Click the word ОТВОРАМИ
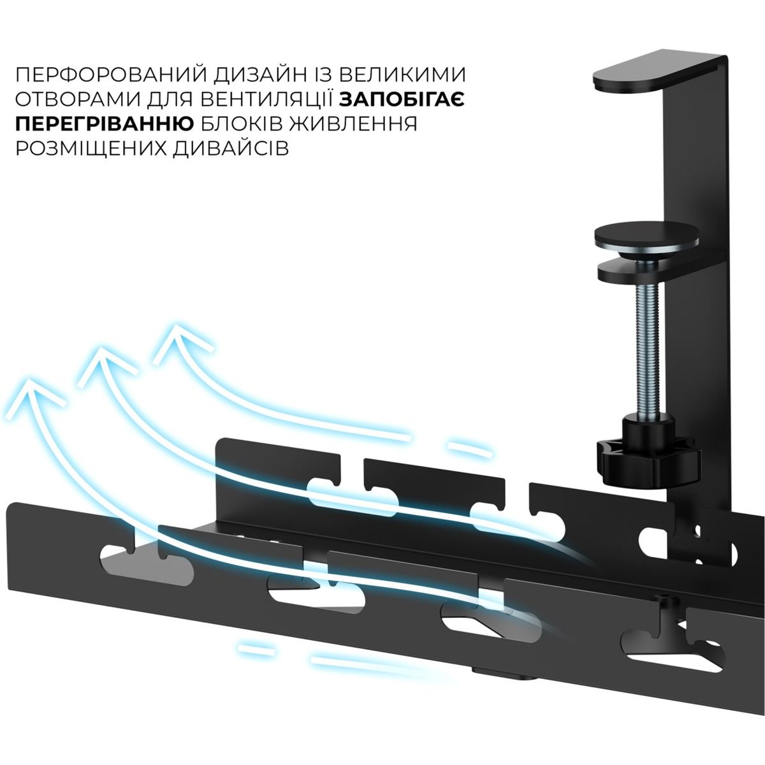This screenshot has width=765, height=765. click(x=78, y=100)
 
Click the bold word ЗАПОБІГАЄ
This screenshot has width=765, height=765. click(x=402, y=100)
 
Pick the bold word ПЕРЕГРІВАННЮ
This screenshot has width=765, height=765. click(x=105, y=124)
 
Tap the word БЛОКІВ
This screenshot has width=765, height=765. click(x=242, y=124)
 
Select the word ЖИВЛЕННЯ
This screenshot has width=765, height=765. click(x=353, y=124)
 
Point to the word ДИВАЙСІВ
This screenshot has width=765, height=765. click(x=230, y=149)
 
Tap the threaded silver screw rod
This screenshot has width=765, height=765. click(x=649, y=354)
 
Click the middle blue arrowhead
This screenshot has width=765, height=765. click(x=106, y=365)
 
